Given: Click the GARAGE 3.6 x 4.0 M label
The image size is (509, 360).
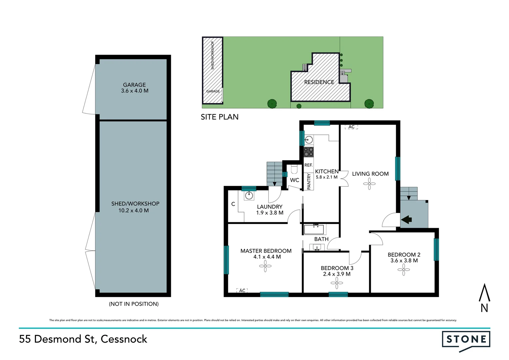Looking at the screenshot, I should point(135,88).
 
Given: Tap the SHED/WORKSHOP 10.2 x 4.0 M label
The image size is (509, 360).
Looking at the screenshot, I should point(135,207).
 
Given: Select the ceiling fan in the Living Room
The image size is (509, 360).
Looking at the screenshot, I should point(369,184).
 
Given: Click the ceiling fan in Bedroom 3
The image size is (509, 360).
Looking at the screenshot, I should point(337,283).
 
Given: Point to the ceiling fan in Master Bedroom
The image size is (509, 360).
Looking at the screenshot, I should point(265,266).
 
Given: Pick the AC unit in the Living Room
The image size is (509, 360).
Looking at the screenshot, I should point(351,127).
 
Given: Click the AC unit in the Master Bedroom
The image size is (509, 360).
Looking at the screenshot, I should point(242,291).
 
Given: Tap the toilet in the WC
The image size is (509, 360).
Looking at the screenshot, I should point(294,169).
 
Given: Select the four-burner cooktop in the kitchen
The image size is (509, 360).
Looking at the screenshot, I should point(308,152).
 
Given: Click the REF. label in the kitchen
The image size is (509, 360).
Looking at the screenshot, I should point(308,165).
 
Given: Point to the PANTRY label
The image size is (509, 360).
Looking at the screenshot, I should point(309,181).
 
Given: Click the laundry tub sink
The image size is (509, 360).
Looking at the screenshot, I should point(249,196).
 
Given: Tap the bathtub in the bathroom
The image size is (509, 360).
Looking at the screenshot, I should point(314,229).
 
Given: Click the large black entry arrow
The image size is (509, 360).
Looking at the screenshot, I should point(407,220).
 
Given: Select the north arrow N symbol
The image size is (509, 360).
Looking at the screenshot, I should point(484,298).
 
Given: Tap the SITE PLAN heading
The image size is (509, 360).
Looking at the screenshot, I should point(220,117).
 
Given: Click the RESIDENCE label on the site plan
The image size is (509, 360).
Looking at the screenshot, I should point(319,82).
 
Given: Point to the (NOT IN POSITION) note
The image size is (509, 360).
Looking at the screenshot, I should point(134,304).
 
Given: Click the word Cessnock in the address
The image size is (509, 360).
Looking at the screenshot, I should point(124,339).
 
